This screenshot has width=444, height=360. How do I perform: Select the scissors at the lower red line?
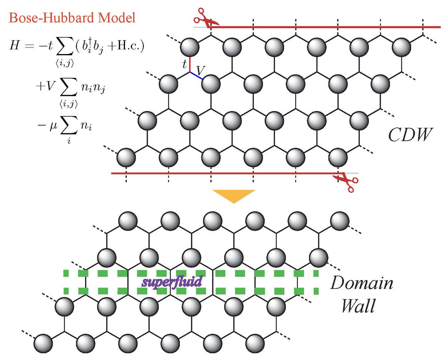[346, 182]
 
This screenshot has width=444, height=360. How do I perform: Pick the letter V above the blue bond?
[200, 69]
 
